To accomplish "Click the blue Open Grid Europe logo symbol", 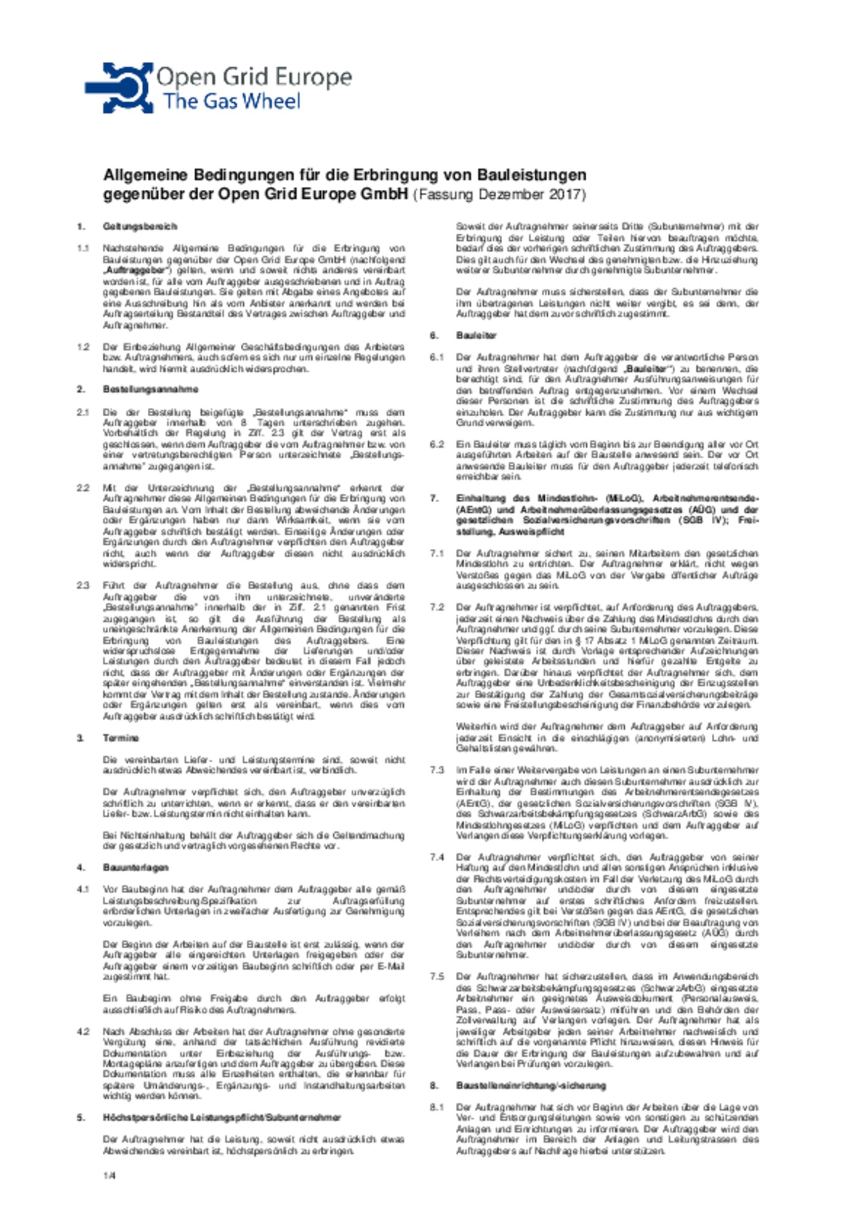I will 119,88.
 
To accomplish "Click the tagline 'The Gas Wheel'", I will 231,101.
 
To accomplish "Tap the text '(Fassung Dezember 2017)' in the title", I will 499,195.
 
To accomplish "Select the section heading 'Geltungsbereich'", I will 139,226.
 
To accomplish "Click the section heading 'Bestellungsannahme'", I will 150,389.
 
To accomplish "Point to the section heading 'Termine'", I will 120,738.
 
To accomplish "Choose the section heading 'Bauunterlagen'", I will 135,867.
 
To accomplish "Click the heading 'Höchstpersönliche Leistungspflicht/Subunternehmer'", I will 222,1117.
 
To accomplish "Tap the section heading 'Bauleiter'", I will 476,335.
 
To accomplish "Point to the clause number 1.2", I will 83,347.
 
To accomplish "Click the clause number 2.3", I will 83,585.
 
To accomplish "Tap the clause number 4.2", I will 83,1031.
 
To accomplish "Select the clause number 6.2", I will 436,444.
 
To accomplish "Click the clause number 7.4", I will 436,857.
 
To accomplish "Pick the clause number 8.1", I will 436,1107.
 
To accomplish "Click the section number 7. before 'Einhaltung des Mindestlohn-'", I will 434,498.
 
